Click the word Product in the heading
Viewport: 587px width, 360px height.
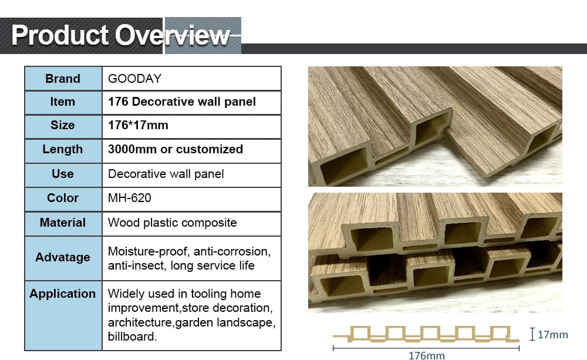pos(60,35)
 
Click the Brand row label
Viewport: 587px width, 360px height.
pos(63,79)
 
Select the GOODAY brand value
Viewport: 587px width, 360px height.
pos(135,79)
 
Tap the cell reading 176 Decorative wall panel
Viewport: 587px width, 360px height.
pos(182,102)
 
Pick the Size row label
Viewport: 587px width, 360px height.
pos(63,125)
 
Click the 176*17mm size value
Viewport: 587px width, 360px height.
pos(138,125)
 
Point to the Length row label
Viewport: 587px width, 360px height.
pos(63,149)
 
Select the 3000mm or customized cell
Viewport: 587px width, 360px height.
pos(176,149)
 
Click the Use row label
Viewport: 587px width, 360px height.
pos(63,174)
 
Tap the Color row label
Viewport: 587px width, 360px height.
pos(63,198)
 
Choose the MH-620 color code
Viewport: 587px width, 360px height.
pos(130,198)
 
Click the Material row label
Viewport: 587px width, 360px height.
pos(63,223)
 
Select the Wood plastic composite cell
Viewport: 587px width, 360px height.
pos(173,223)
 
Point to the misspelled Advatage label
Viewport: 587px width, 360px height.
pos(63,257)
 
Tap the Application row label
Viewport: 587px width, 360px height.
pos(63,294)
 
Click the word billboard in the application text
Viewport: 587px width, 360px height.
pos(132,337)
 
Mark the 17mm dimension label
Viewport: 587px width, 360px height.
pos(552,335)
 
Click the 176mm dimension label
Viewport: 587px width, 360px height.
pos(426,355)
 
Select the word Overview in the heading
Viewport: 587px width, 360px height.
pos(172,35)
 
